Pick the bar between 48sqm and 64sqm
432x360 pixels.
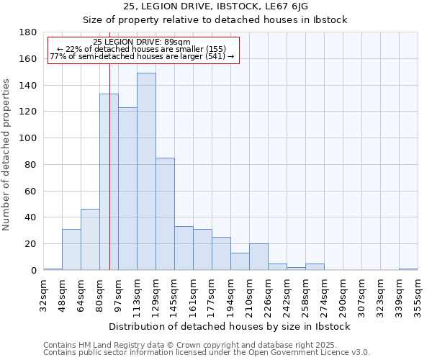(x=71, y=249)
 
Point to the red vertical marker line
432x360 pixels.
(x=109, y=180)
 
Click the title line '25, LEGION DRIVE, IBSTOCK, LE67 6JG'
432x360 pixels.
(x=215, y=6)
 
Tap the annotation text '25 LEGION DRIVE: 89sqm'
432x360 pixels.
(x=142, y=42)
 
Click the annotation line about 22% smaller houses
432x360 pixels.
(x=142, y=49)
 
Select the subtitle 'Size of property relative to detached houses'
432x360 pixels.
(x=215, y=19)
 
